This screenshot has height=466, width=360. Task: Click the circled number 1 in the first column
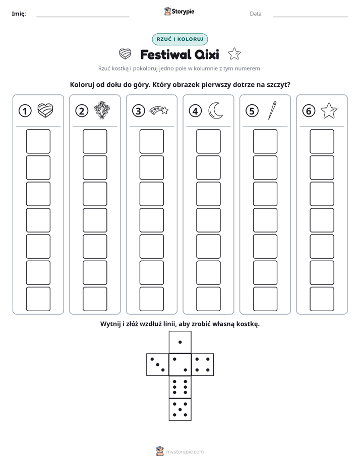(x=25, y=111)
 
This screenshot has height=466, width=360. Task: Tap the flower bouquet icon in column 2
(x=101, y=110)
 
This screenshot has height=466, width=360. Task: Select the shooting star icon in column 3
(x=159, y=110)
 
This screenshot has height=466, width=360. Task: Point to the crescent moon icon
(x=216, y=110)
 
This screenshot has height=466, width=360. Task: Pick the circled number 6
(x=309, y=111)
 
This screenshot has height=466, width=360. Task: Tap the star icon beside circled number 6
(x=329, y=110)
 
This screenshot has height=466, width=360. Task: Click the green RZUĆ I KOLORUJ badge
(x=179, y=39)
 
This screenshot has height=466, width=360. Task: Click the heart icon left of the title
(x=125, y=54)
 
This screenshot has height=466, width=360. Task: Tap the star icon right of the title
(x=234, y=54)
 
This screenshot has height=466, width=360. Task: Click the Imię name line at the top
(x=83, y=17)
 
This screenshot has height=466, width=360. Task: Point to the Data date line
(x=311, y=17)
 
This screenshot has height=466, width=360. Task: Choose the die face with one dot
(x=180, y=342)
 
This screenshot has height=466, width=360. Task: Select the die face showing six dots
(x=180, y=387)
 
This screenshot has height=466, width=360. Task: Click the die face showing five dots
(x=180, y=409)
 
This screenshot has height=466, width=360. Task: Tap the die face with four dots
(x=203, y=365)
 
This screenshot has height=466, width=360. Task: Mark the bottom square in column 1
(x=38, y=299)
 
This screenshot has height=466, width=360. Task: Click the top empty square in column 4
(x=209, y=141)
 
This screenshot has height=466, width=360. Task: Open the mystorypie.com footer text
(x=185, y=452)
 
